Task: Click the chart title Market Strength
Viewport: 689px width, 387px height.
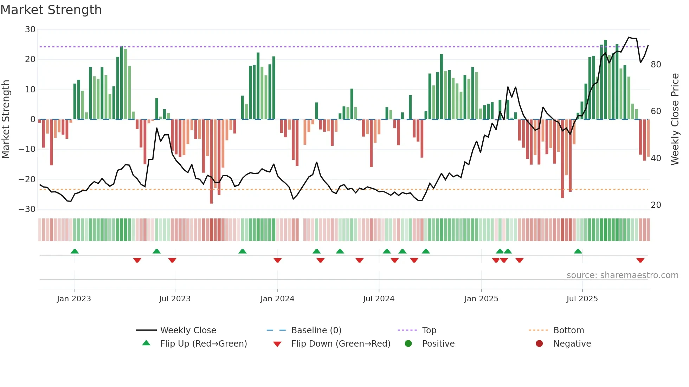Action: coord(51,10)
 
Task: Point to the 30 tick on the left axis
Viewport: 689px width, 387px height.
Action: coord(30,29)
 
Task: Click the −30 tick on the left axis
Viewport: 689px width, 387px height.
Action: coord(27,209)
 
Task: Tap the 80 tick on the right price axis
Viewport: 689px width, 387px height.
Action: coord(656,65)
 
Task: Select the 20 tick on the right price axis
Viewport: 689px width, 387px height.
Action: coord(656,205)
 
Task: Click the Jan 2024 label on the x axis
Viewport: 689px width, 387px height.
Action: coord(277,299)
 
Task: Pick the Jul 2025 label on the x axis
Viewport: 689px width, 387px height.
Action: coord(582,299)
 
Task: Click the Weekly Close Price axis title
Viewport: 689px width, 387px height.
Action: coord(675,119)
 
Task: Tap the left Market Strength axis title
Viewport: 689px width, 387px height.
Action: coord(6,119)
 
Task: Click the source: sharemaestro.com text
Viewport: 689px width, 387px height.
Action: coord(622,275)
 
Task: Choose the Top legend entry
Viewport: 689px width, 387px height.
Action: coord(429,330)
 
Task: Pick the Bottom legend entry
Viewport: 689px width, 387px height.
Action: coord(568,330)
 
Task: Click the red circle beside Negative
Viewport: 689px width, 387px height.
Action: coord(539,343)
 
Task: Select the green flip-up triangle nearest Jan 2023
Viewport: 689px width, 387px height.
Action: coord(75,251)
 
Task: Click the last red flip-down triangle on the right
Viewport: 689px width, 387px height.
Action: coord(640,260)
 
